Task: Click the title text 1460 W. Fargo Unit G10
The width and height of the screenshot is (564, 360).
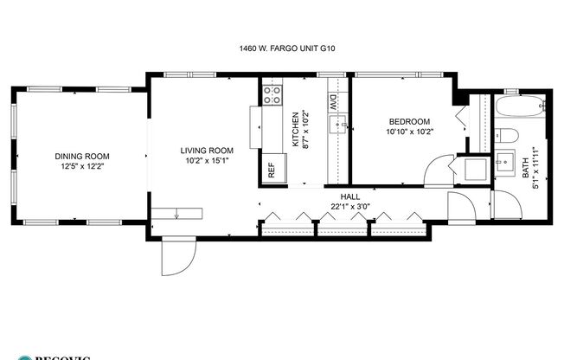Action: (x=281, y=49)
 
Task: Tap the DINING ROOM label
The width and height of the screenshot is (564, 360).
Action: (x=82, y=157)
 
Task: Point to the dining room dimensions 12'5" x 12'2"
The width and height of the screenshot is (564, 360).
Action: (x=82, y=166)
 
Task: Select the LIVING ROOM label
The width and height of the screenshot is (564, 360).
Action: (x=207, y=151)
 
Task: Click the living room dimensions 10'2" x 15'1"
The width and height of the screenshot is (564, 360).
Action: (x=207, y=160)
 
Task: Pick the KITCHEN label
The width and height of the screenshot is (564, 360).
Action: (x=296, y=130)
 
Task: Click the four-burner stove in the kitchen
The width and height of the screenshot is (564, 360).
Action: (x=272, y=94)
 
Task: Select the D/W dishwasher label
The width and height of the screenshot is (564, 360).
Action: (x=333, y=102)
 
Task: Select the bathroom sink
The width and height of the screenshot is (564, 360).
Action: (x=504, y=162)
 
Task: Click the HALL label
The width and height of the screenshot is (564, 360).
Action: (x=350, y=197)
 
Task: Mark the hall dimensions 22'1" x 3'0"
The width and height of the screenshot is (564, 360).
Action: (x=350, y=207)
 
